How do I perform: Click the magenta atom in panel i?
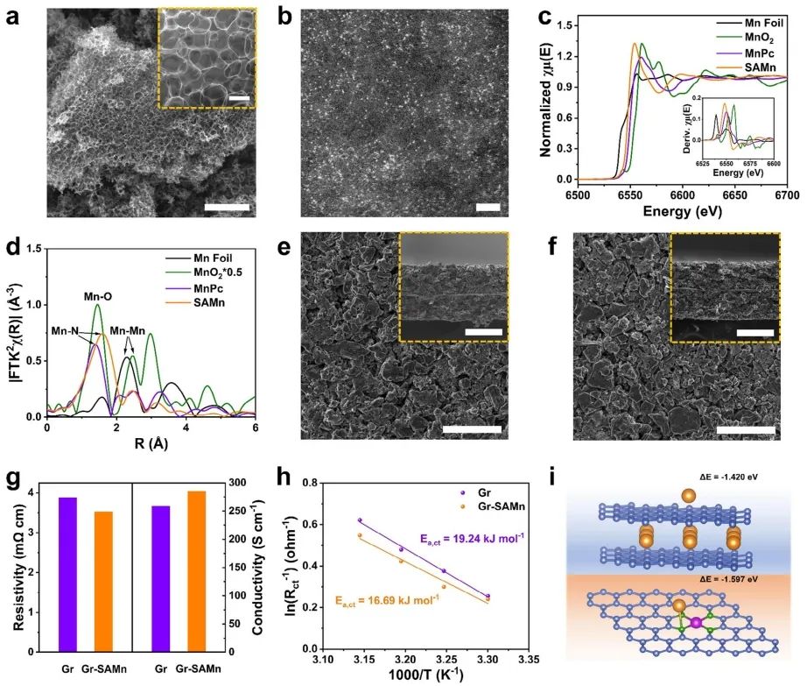[x=696, y=622]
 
